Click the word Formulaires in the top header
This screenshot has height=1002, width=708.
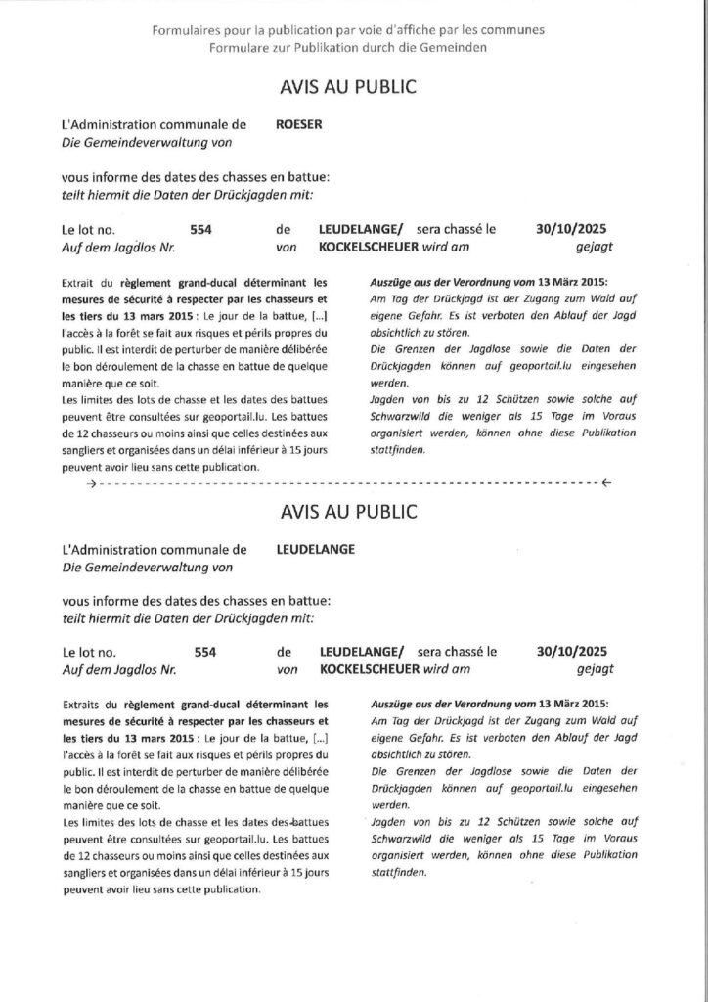(183, 30)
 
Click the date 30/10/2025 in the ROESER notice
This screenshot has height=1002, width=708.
(572, 229)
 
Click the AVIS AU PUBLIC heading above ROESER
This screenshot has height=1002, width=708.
(348, 87)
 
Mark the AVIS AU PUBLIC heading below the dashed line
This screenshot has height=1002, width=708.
(348, 511)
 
